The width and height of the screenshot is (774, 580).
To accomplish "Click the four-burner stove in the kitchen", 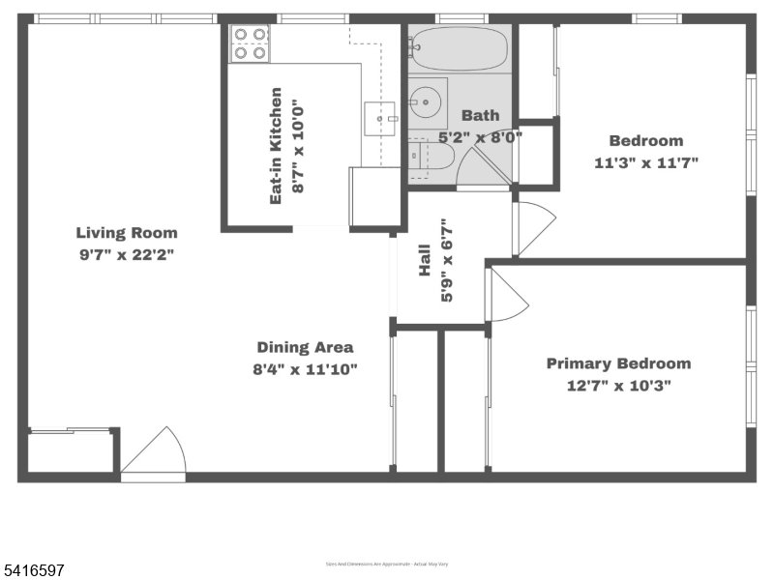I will coord(248,43).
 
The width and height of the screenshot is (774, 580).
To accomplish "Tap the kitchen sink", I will coord(379,118).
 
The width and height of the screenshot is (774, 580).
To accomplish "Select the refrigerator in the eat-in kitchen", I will coord(374,196).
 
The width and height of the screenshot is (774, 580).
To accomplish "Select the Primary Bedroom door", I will coord(506,297).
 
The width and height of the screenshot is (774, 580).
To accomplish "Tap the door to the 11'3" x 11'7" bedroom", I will coord(533,228).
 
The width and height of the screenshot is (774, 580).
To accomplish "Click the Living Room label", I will coord(127,232).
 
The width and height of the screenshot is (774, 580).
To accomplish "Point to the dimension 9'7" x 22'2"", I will coord(127,254).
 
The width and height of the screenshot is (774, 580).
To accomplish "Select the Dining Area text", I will coord(305,347).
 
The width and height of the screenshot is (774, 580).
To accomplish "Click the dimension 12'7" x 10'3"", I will coord(618,385).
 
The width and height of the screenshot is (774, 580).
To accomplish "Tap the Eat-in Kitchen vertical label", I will coord(277,145).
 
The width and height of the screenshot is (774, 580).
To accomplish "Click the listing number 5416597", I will coord(34,571).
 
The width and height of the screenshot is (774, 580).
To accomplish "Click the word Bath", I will coord(480,115).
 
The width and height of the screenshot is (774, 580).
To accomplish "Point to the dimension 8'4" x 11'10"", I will coord(305,368).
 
